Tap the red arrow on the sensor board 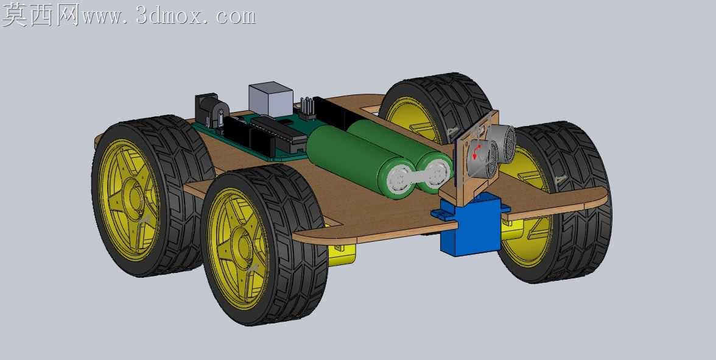(x=476, y=152)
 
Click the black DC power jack (x=211, y=110)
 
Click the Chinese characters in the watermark (x=41, y=15)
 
